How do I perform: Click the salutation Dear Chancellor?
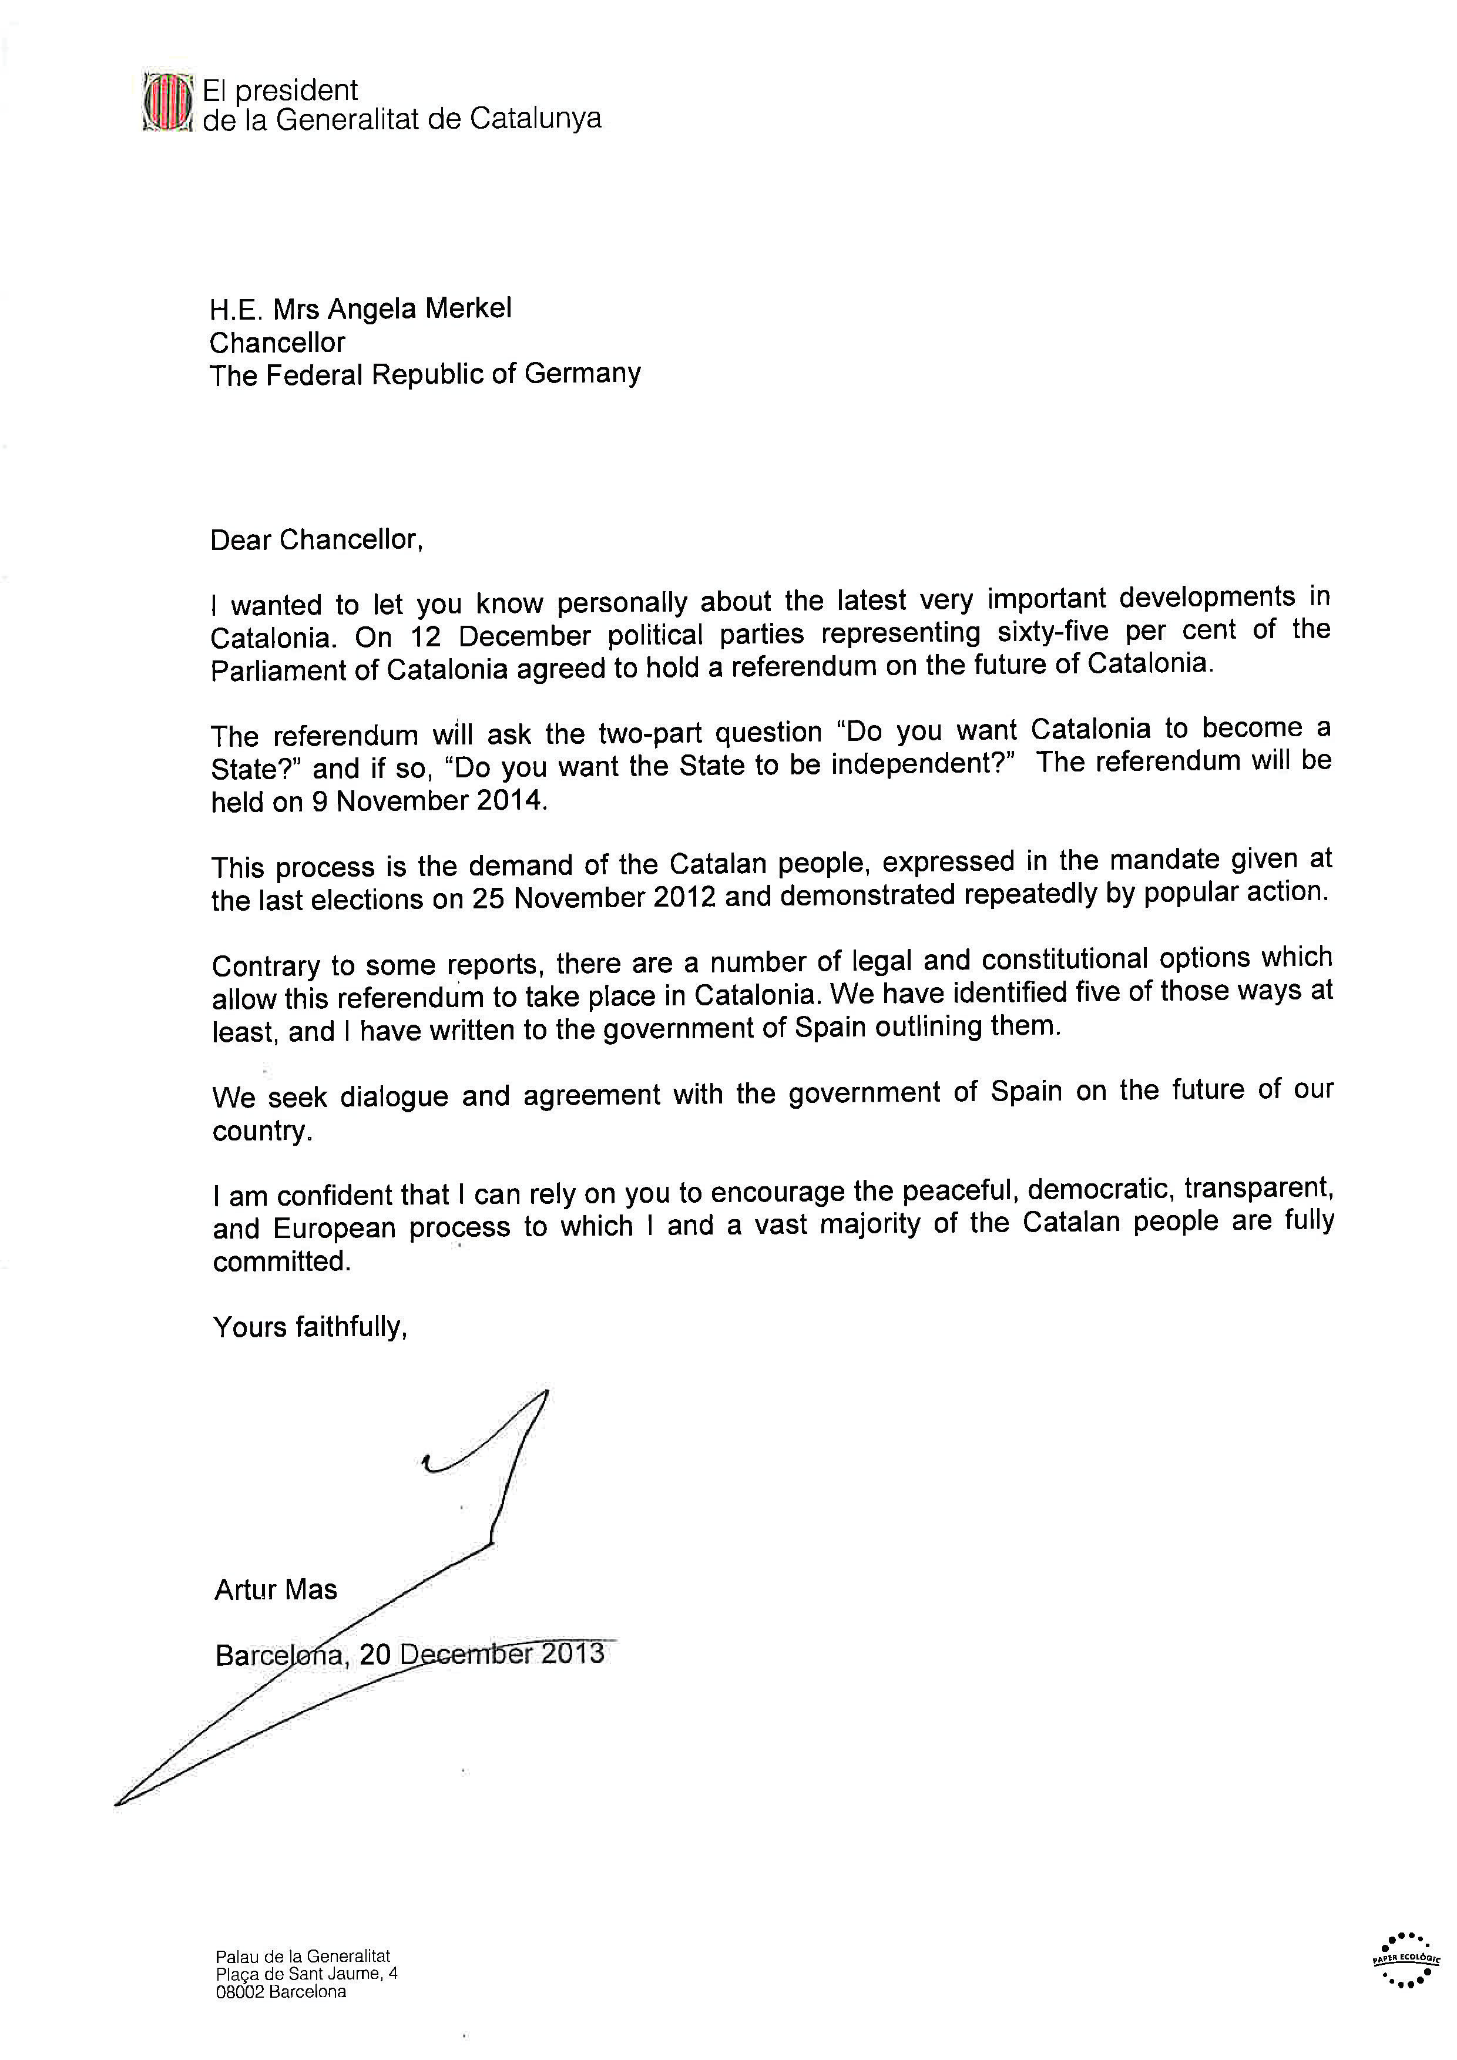[x=316, y=539]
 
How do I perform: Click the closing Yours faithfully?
[x=310, y=1327]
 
